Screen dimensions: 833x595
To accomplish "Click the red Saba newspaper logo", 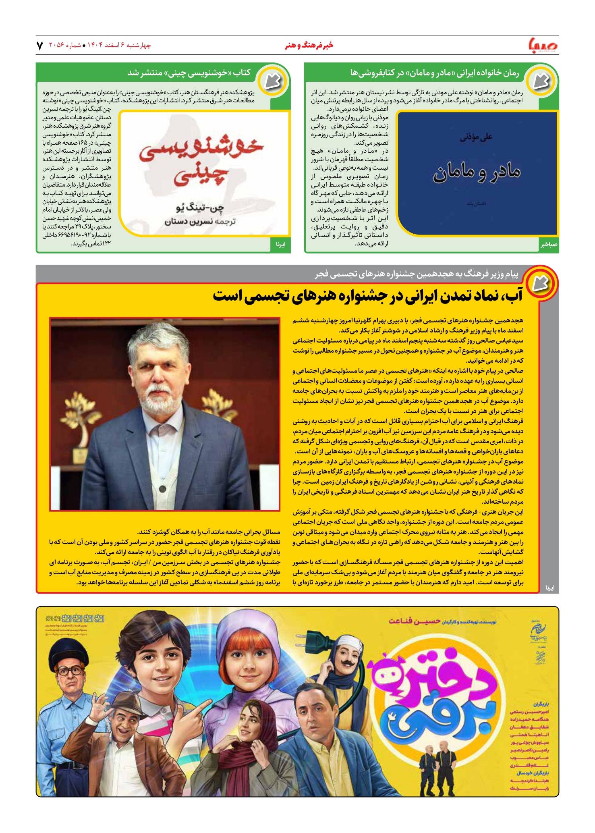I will click(x=543, y=45).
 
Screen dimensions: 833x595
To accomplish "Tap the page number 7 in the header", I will click(x=39, y=46).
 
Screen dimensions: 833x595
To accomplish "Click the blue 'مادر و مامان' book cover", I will click(x=477, y=173).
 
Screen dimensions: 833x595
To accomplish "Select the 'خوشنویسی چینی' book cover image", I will click(x=205, y=173).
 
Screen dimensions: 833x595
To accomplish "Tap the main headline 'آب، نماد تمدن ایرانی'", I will click(x=367, y=296).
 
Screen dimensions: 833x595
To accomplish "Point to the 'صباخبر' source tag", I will click(x=549, y=244).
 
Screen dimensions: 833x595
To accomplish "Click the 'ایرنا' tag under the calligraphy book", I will click(x=281, y=244).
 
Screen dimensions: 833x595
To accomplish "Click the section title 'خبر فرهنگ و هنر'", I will click(x=309, y=46).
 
